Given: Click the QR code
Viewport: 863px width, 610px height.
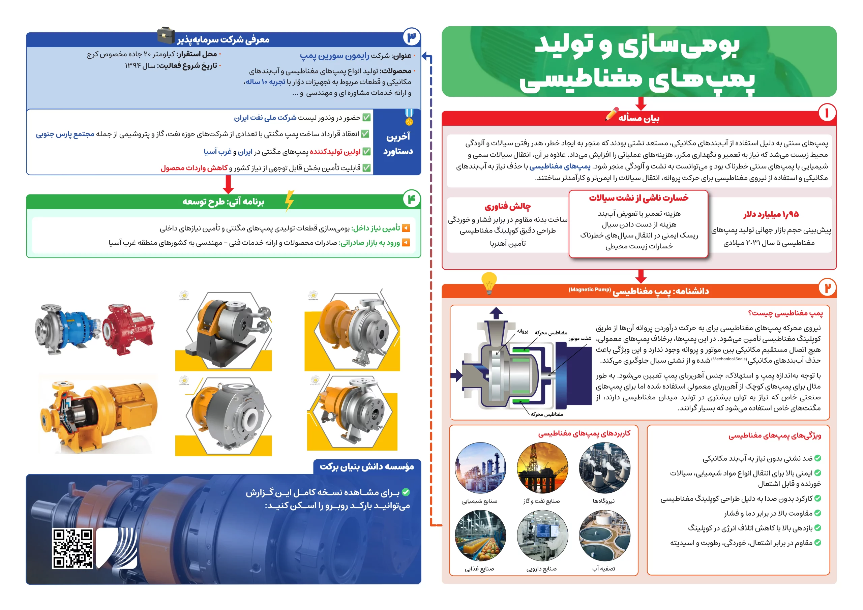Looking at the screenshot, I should pyautogui.click(x=72, y=548).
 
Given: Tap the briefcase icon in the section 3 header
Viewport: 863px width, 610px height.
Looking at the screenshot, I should pyautogui.click(x=166, y=36).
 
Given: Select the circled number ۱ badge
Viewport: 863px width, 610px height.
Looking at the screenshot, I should pyautogui.click(x=827, y=113).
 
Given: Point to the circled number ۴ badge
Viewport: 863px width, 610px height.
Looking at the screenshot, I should pyautogui.click(x=412, y=199).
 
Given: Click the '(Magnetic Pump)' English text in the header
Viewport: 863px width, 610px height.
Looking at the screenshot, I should pyautogui.click(x=589, y=289).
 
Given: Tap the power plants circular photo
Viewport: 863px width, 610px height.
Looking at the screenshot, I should pyautogui.click(x=605, y=468).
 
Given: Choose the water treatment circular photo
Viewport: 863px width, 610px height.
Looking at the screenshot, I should pyautogui.click(x=605, y=536).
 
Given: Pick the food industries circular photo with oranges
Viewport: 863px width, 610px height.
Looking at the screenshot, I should pyautogui.click(x=480, y=536).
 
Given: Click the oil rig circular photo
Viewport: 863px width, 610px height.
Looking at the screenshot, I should pyautogui.click(x=542, y=468).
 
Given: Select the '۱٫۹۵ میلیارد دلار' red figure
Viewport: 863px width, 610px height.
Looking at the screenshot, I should pyautogui.click(x=771, y=214).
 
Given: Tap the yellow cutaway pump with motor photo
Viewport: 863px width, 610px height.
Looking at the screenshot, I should pyautogui.click(x=98, y=414).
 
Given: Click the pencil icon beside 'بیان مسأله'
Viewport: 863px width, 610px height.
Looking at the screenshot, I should pyautogui.click(x=612, y=114).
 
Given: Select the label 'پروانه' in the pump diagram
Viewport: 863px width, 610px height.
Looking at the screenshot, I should pyautogui.click(x=522, y=332).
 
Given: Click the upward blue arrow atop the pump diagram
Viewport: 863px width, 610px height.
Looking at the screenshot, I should pyautogui.click(x=496, y=313).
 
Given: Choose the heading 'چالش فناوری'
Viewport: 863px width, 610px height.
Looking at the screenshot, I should pyautogui.click(x=507, y=206).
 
